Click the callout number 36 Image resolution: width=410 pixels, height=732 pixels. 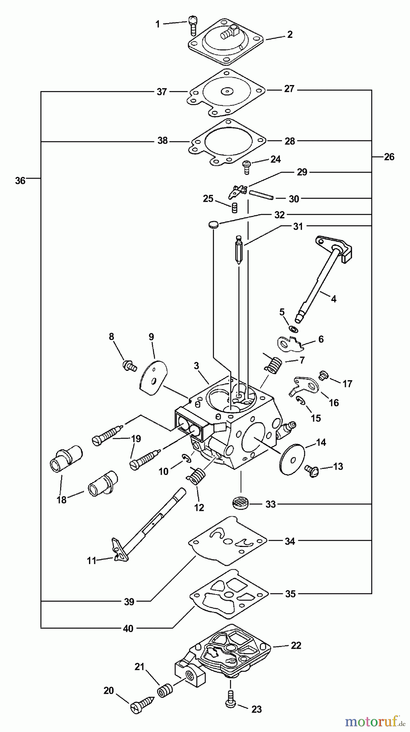[20, 181]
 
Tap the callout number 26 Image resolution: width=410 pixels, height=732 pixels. [389, 157]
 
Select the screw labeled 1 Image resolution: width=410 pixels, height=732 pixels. [193, 25]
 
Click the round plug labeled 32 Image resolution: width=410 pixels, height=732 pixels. [213, 224]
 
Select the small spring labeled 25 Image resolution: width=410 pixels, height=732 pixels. [234, 207]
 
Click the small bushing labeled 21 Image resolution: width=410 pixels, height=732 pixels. [166, 691]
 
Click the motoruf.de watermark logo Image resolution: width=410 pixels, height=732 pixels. [375, 721]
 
